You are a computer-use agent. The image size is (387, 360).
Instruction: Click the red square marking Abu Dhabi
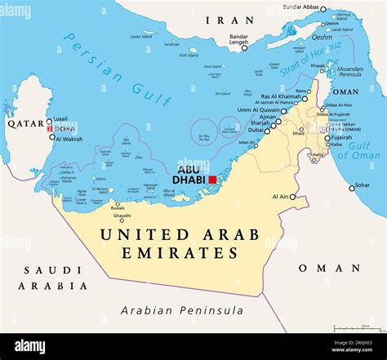pyautogui.click(x=213, y=180)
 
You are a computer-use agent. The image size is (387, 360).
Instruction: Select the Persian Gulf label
pyautogui.click(x=119, y=69)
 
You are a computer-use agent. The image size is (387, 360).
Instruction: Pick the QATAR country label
pyautogui.click(x=25, y=123)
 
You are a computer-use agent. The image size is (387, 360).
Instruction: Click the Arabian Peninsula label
pyautogui.click(x=181, y=310)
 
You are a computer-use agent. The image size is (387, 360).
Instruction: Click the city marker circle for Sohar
pyautogui.click(x=353, y=188)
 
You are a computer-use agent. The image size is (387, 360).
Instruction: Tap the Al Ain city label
pyautogui.click(x=278, y=197)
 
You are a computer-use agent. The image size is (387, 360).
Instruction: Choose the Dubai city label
pyautogui.click(x=256, y=130)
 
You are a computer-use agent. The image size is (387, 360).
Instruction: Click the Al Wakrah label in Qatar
pyautogui.click(x=69, y=138)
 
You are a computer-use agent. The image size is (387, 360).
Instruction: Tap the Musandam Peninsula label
pyautogui.click(x=350, y=73)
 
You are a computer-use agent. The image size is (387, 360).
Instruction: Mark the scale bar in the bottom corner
pyautogui.click(x=357, y=328)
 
